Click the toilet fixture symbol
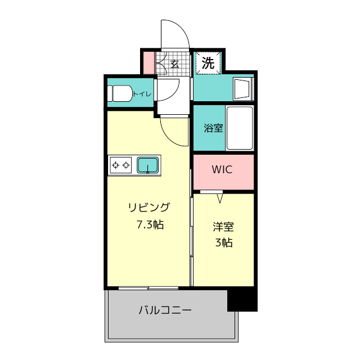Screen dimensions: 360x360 120,94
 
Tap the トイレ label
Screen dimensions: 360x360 142,94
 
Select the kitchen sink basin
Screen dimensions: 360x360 147,165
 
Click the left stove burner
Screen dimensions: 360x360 115,165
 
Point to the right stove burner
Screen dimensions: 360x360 126,165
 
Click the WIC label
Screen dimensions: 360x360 222,169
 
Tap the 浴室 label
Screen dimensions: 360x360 213,128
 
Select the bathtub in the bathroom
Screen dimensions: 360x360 240,128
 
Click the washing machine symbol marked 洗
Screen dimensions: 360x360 208,62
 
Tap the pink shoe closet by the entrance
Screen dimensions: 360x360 148,63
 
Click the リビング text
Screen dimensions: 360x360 148,208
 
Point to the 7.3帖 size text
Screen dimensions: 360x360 150,224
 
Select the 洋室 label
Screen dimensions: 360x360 223,227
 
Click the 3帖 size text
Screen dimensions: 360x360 224,242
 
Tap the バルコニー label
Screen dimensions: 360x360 165,310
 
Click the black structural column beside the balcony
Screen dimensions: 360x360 242,300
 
